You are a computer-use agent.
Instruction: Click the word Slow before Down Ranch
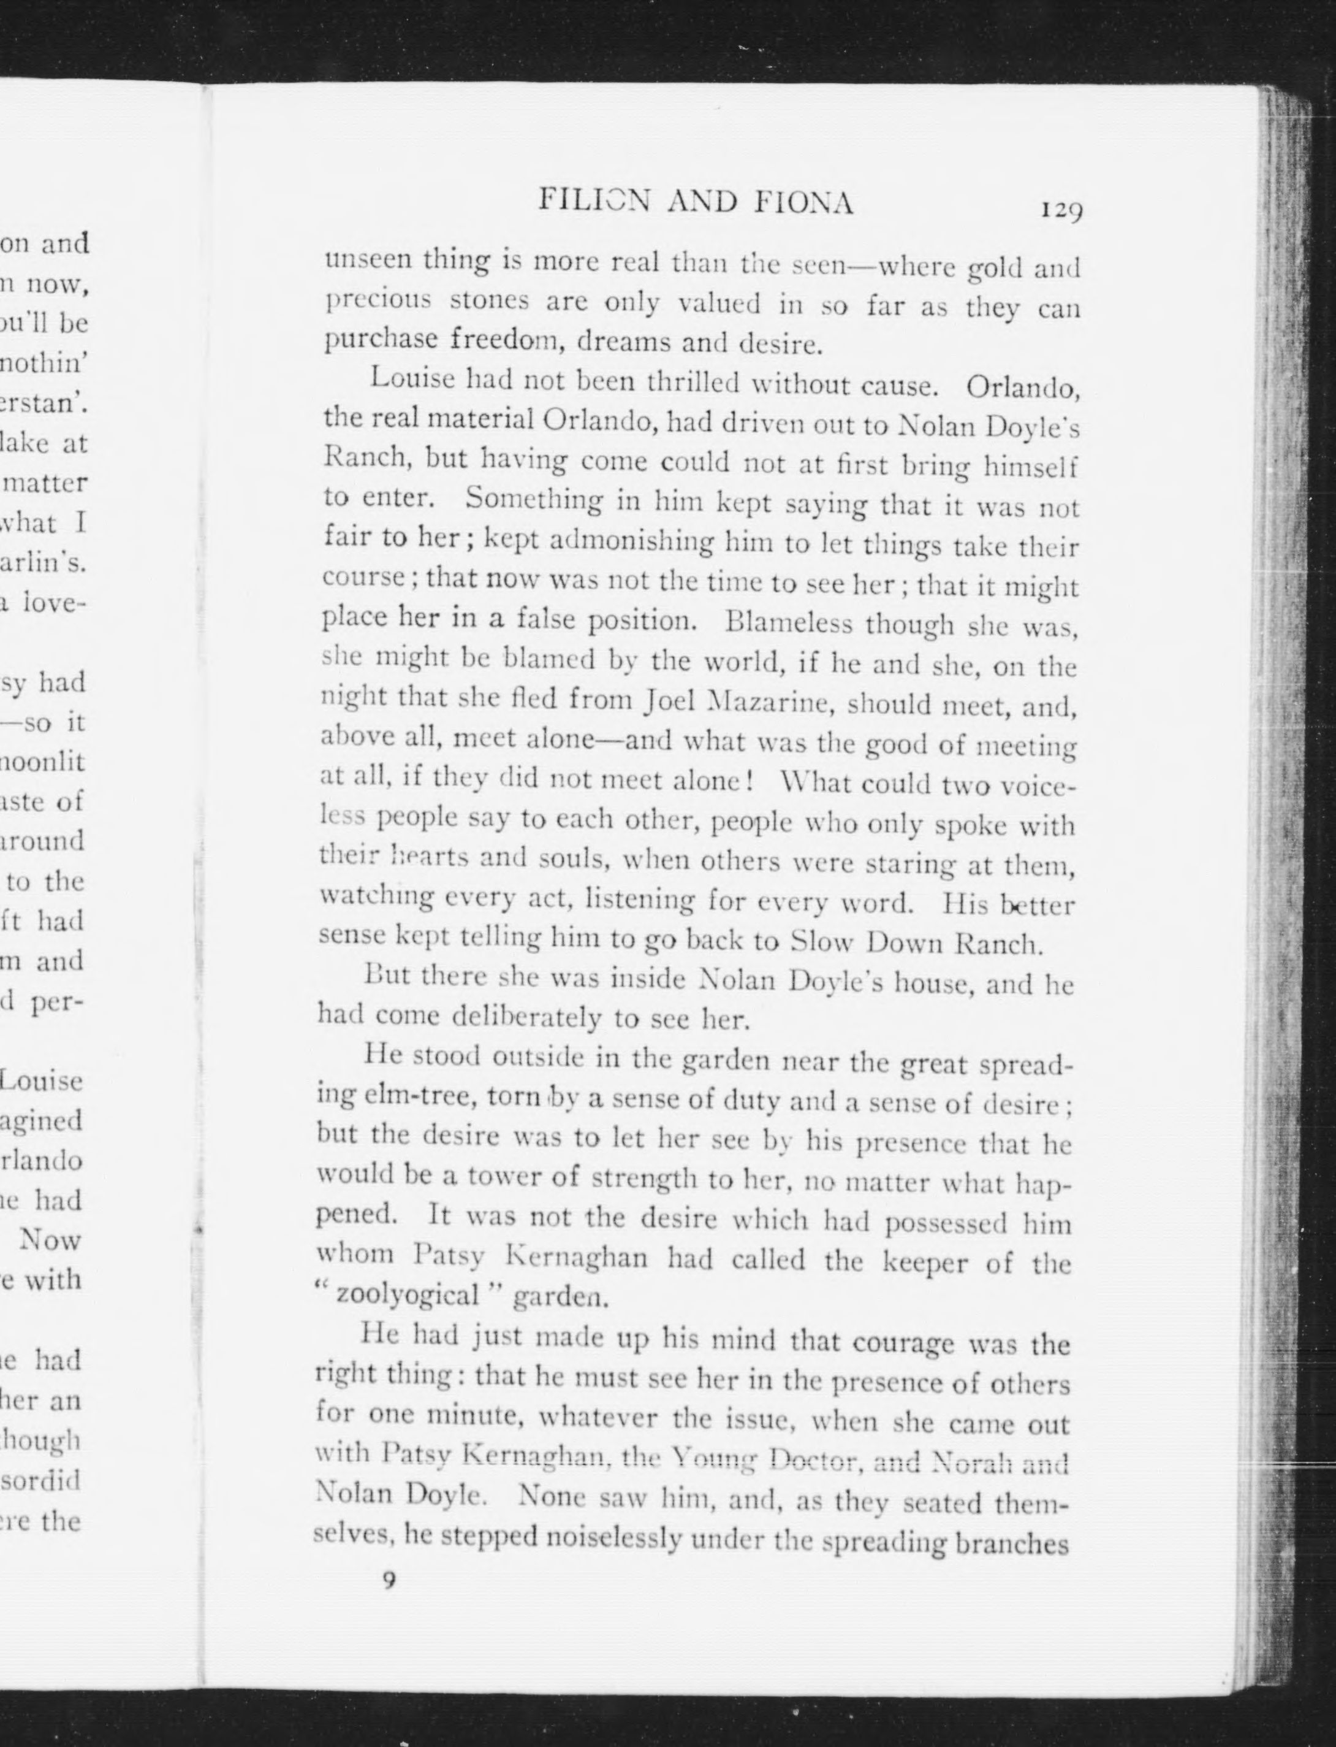click(x=823, y=942)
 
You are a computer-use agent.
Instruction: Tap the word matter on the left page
click(x=50, y=483)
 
